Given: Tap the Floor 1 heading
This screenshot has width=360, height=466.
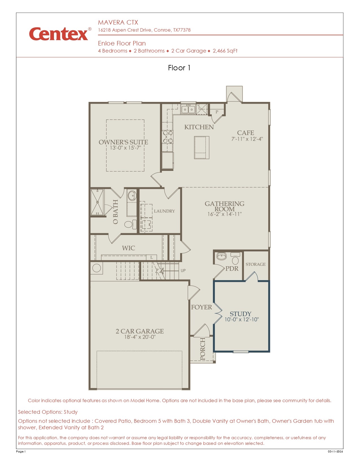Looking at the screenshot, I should (179, 68).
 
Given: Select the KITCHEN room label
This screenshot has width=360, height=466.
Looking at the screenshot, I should (199, 127).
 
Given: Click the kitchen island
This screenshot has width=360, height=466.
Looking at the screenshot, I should (202, 147).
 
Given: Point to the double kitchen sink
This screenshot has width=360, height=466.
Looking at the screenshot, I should (188, 109).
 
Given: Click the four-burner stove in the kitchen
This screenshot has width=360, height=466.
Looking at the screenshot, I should (167, 137).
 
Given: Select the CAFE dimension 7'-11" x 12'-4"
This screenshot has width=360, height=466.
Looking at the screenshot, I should (247, 139).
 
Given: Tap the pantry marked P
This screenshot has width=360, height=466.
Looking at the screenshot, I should (217, 112).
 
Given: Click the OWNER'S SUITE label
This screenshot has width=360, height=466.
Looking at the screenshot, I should (123, 142).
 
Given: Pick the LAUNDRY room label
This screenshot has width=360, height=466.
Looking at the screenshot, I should (164, 211).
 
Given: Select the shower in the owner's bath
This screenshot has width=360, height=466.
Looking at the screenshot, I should (97, 202).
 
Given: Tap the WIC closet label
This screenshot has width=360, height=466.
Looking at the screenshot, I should (128, 248).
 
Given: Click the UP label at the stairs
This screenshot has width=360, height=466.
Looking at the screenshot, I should (183, 271).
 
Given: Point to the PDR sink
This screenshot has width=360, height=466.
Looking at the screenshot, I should (222, 256).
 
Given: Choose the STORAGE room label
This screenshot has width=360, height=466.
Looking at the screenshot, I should (255, 264).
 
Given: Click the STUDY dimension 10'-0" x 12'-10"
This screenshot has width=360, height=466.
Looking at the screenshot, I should (241, 320).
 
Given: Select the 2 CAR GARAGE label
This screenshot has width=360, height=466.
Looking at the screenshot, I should (139, 331).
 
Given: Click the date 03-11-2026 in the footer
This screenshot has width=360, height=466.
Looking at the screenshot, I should (335, 451).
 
